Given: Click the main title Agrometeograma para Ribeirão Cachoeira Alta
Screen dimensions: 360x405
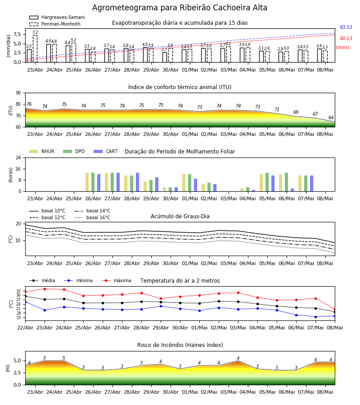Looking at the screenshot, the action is pyautogui.click(x=180, y=8).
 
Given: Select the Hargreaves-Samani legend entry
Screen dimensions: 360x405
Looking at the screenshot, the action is pyautogui.click(x=57, y=17).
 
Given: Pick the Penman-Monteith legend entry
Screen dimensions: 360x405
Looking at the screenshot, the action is pyautogui.click(x=55, y=24).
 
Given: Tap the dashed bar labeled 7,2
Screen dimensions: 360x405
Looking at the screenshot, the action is pyautogui.click(x=35, y=49).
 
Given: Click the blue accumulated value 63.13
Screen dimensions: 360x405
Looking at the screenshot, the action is pyautogui.click(x=346, y=27).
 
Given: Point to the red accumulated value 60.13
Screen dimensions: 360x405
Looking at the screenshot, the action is pyautogui.click(x=346, y=39).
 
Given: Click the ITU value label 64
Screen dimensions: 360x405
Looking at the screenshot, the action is pyautogui.click(x=331, y=117).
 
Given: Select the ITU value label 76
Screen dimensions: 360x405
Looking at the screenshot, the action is pyautogui.click(x=29, y=104).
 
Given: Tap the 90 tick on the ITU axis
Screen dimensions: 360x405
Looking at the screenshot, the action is pyautogui.click(x=18, y=93).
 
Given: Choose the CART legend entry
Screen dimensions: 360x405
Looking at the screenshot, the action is pyautogui.click(x=106, y=151).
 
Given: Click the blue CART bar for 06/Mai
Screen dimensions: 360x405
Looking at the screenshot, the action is pyautogui.click(x=292, y=190).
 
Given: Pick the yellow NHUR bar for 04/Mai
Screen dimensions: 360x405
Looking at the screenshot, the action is pyautogui.click(x=242, y=190).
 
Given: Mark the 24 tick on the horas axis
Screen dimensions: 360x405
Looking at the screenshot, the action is pyautogui.click(x=18, y=157).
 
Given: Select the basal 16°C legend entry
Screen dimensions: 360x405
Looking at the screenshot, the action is pyautogui.click(x=92, y=217).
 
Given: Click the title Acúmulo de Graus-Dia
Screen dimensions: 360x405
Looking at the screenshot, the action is pyautogui.click(x=180, y=216).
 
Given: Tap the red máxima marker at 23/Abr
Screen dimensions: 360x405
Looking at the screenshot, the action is pyautogui.click(x=45, y=289).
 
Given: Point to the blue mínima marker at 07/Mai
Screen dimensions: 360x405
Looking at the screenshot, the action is pyautogui.click(x=315, y=317).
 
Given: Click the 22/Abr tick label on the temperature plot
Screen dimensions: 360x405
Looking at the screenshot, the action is pyautogui.click(x=25, y=328).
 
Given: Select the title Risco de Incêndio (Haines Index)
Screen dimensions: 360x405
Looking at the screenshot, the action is pyautogui.click(x=180, y=345).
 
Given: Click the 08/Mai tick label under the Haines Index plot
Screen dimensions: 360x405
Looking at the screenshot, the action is pyautogui.click(x=325, y=392).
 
